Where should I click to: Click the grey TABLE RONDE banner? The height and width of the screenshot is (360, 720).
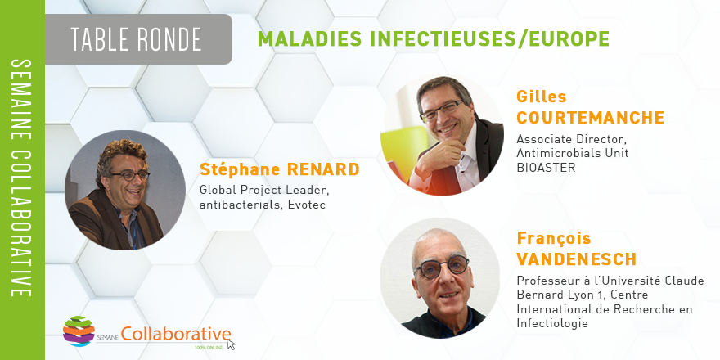click(138, 39)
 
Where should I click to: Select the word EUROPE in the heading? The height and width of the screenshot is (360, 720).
click(569, 39)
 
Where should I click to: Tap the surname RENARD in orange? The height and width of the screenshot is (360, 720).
click(323, 169)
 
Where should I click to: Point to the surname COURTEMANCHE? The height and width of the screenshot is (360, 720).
click(590, 118)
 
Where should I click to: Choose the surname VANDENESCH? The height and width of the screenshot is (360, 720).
click(576, 259)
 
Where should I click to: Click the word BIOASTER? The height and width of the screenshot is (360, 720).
click(546, 168)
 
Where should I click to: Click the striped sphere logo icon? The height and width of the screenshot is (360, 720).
click(79, 331)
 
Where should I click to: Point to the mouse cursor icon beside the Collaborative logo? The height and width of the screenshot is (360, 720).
click(231, 344)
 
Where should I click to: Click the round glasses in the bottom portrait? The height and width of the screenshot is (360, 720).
click(441, 268)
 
